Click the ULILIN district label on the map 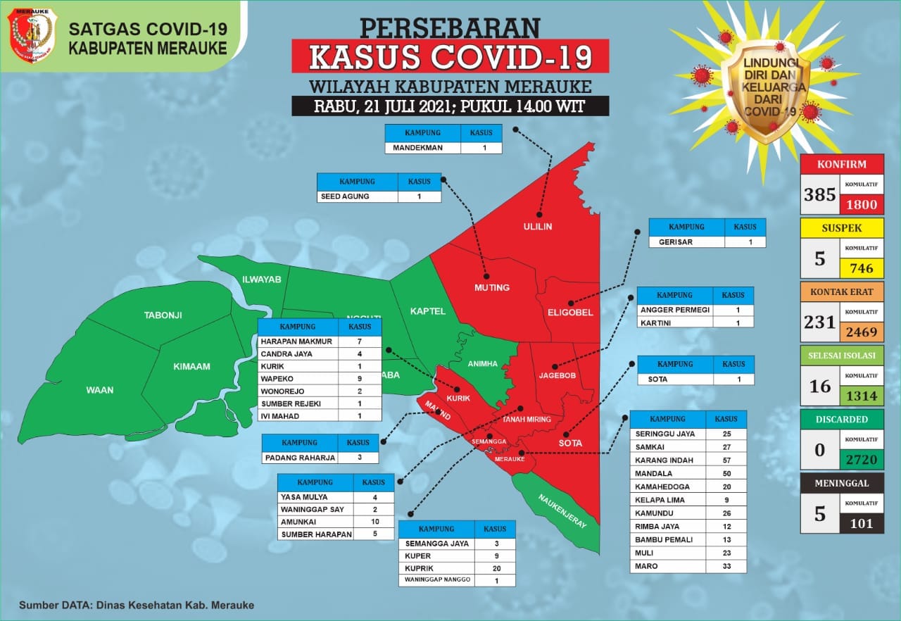click(538, 227)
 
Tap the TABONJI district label click(163, 315)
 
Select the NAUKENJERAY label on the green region click(562, 510)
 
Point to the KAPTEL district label click(428, 310)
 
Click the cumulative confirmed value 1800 click(862, 205)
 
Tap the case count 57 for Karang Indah click(726, 460)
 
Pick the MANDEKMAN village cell click(422, 148)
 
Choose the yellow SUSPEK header click(842, 228)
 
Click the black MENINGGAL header click(842, 483)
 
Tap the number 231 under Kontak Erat click(819, 322)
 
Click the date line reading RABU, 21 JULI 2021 click(450, 107)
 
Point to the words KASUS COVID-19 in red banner click(450, 57)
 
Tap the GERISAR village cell click(686, 241)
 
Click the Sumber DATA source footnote click(137, 605)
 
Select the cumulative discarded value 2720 click(862, 460)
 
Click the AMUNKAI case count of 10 click(374, 521)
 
